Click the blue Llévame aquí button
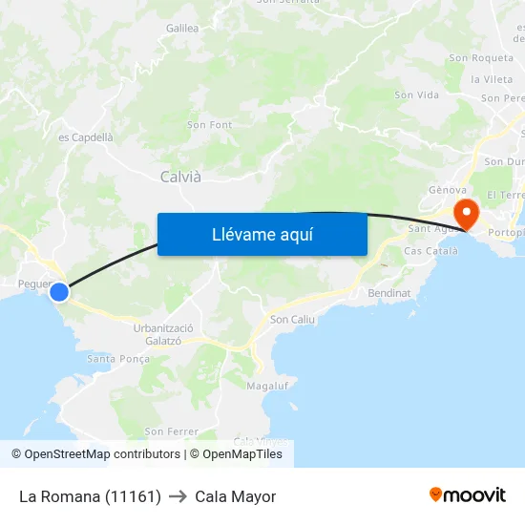(262, 235)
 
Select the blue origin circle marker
(59, 292)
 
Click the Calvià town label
(180, 177)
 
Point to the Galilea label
(182, 29)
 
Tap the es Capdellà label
(86, 137)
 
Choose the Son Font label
(209, 125)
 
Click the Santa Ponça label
(118, 359)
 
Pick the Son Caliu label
(292, 320)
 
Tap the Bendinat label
(388, 293)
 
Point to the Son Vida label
(416, 95)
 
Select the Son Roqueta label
(481, 58)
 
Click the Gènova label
(447, 190)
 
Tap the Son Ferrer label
(171, 432)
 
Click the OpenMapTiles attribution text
(242, 454)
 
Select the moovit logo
(468, 495)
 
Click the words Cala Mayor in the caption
(235, 496)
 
